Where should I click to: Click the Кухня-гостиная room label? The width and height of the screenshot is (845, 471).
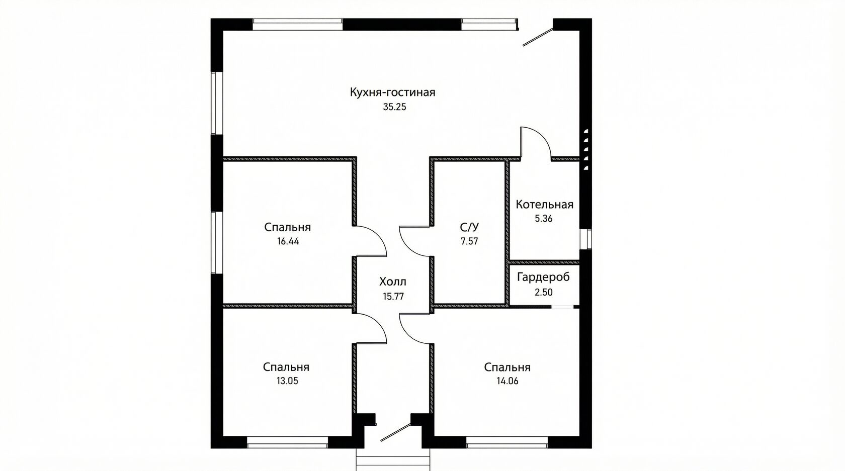pyautogui.click(x=393, y=92)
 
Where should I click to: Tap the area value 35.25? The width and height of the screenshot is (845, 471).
pyautogui.click(x=394, y=107)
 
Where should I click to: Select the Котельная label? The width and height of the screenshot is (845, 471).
pyautogui.click(x=544, y=205)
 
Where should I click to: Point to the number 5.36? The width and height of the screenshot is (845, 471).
pyautogui.click(x=544, y=219)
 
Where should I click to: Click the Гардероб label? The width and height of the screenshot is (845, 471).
pyautogui.click(x=543, y=277)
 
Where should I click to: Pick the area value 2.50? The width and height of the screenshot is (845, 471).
pyautogui.click(x=544, y=292)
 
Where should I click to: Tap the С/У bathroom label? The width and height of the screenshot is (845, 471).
pyautogui.click(x=470, y=227)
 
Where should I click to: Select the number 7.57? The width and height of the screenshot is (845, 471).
pyautogui.click(x=470, y=241)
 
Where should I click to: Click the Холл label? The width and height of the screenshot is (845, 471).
pyautogui.click(x=393, y=281)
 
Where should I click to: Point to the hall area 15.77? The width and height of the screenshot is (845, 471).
pyautogui.click(x=393, y=297)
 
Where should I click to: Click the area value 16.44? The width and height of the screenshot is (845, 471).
pyautogui.click(x=288, y=241)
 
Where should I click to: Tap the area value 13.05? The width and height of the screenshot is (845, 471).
pyautogui.click(x=288, y=381)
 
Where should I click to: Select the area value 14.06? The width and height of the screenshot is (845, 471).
pyautogui.click(x=508, y=381)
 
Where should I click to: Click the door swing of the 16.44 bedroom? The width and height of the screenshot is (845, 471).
pyautogui.click(x=377, y=235)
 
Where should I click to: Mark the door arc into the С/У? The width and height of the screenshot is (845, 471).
pyautogui.click(x=408, y=247)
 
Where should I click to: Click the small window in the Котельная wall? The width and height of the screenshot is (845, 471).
pyautogui.click(x=586, y=239)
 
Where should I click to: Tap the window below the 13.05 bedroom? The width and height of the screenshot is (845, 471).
pyautogui.click(x=288, y=442)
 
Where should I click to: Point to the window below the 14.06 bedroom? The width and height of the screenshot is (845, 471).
pyautogui.click(x=507, y=442)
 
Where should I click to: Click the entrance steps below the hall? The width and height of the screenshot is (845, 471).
pyautogui.click(x=393, y=459)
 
